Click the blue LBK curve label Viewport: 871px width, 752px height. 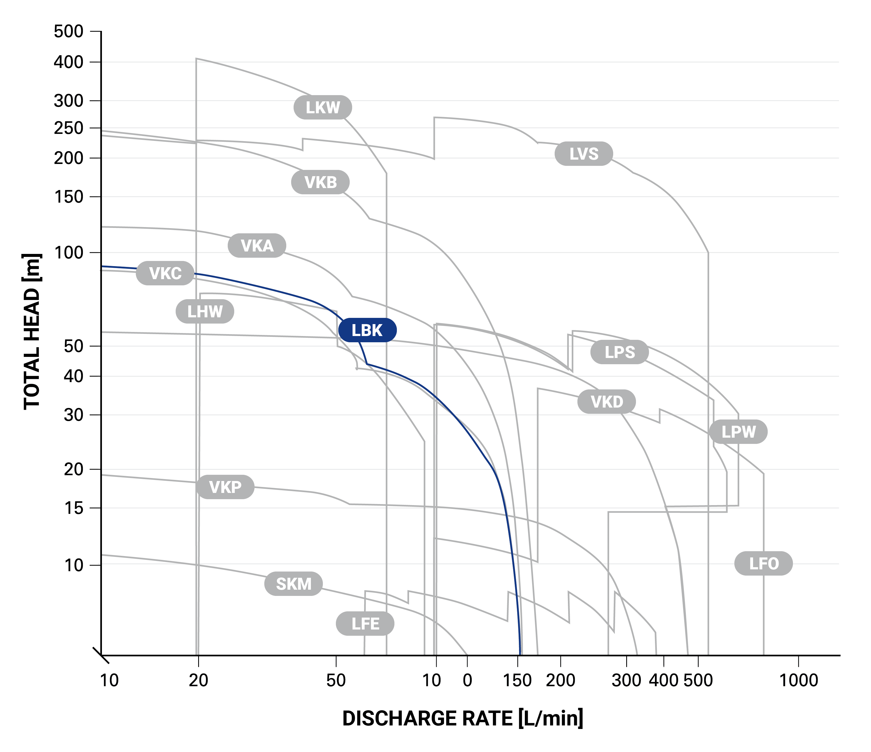coord(367,330)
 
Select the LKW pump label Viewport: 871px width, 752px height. coord(322,108)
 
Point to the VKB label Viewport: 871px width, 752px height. coord(320,182)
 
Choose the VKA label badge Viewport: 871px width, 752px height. coord(257,245)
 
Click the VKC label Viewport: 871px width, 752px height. coord(165,273)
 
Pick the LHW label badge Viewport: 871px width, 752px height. coord(205,312)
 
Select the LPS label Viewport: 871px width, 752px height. coord(619,352)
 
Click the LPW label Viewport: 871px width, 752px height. coord(738,432)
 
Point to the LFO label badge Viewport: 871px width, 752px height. coord(763,563)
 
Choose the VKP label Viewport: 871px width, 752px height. coord(225,487)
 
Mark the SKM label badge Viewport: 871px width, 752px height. coord(293,584)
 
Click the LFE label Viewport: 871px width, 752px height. coord(365,624)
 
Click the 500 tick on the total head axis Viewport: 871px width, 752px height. coord(69,31)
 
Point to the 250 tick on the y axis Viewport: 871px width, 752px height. coord(69,128)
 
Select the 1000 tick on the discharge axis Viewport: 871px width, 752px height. coord(798,680)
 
